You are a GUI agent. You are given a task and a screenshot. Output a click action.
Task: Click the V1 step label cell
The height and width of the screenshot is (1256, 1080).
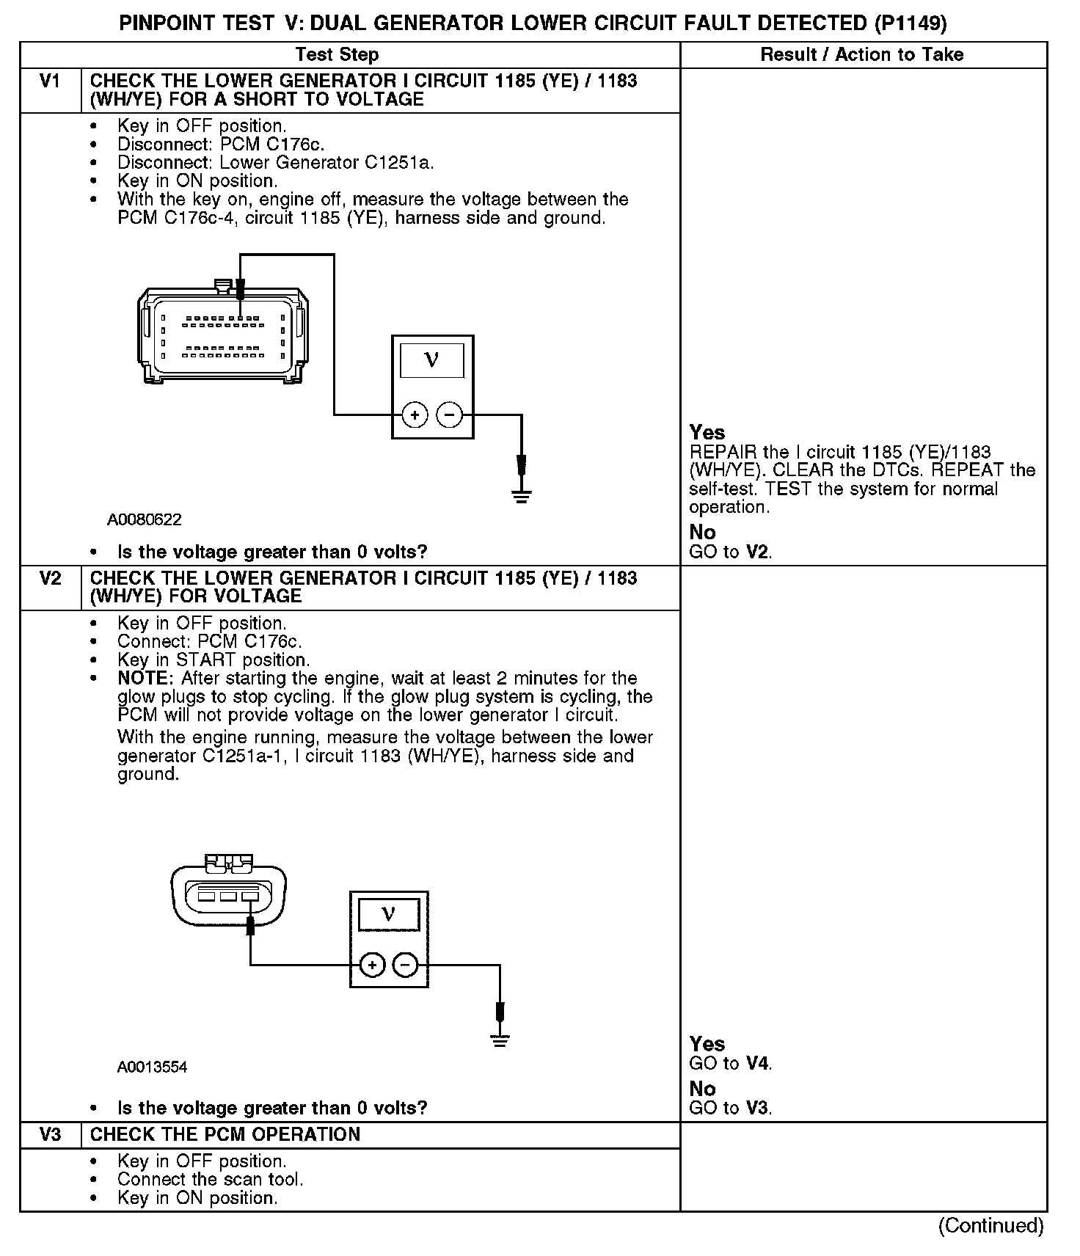tap(50, 81)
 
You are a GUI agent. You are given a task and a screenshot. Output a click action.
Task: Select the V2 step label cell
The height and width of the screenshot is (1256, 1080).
tap(50, 579)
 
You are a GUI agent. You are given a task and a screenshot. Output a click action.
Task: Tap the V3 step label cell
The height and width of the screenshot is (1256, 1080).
tap(50, 1134)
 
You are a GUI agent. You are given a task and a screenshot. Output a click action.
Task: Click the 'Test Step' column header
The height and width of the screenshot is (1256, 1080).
tap(337, 55)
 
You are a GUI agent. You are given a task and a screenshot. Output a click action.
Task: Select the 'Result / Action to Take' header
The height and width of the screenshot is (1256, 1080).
tap(862, 55)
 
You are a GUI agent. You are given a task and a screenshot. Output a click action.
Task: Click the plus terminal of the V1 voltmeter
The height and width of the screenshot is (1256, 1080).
tap(415, 415)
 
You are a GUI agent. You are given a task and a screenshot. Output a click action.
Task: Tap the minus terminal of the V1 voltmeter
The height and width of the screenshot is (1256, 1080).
tap(450, 415)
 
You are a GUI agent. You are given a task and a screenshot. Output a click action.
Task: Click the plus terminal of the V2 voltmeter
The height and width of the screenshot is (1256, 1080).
tap(373, 965)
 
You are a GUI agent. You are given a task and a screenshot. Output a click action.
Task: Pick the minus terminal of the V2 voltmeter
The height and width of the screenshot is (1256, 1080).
tap(406, 965)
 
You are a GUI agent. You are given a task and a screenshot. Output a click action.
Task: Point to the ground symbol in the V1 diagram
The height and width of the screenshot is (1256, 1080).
tap(522, 496)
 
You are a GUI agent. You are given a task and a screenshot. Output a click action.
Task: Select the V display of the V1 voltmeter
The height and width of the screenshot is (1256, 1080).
tap(431, 360)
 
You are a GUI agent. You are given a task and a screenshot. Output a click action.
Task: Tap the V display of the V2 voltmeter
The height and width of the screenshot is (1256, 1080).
tap(389, 914)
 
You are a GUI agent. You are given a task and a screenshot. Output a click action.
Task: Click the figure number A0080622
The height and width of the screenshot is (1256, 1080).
tap(145, 520)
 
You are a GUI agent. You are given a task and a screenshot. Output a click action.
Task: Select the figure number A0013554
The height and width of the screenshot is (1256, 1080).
tap(152, 1067)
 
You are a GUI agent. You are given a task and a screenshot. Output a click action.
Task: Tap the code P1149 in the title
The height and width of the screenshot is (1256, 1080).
tap(910, 24)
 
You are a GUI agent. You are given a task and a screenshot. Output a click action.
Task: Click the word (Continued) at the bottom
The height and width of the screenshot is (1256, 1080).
tap(990, 1225)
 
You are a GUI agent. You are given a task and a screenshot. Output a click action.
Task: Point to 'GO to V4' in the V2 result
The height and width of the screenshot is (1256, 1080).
tap(731, 1064)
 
